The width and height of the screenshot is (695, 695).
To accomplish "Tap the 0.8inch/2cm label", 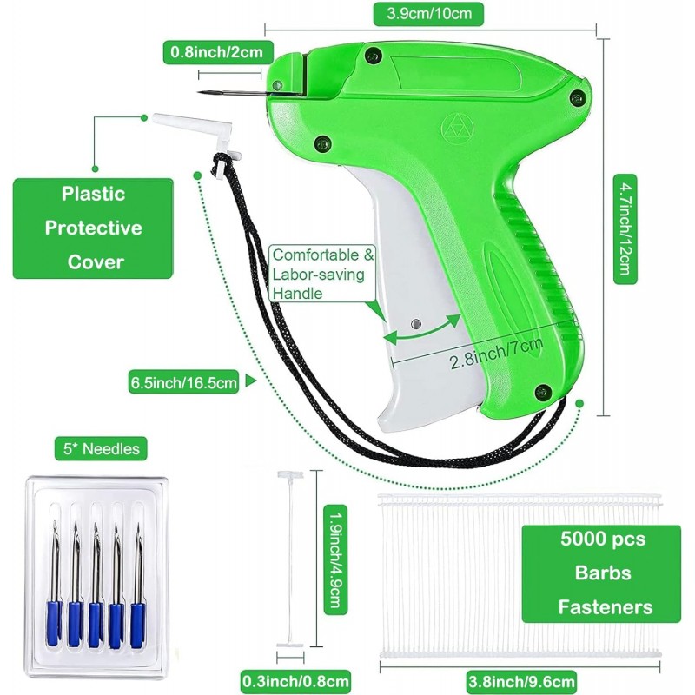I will coord(214,53).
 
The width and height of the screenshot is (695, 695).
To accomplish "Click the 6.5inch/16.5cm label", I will coord(182,381).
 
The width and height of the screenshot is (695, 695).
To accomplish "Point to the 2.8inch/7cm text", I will coord(496,346).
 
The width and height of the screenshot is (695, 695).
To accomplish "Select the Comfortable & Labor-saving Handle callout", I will coord(321,274).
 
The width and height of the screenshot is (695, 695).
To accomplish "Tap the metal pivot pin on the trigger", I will coord(416,324).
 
